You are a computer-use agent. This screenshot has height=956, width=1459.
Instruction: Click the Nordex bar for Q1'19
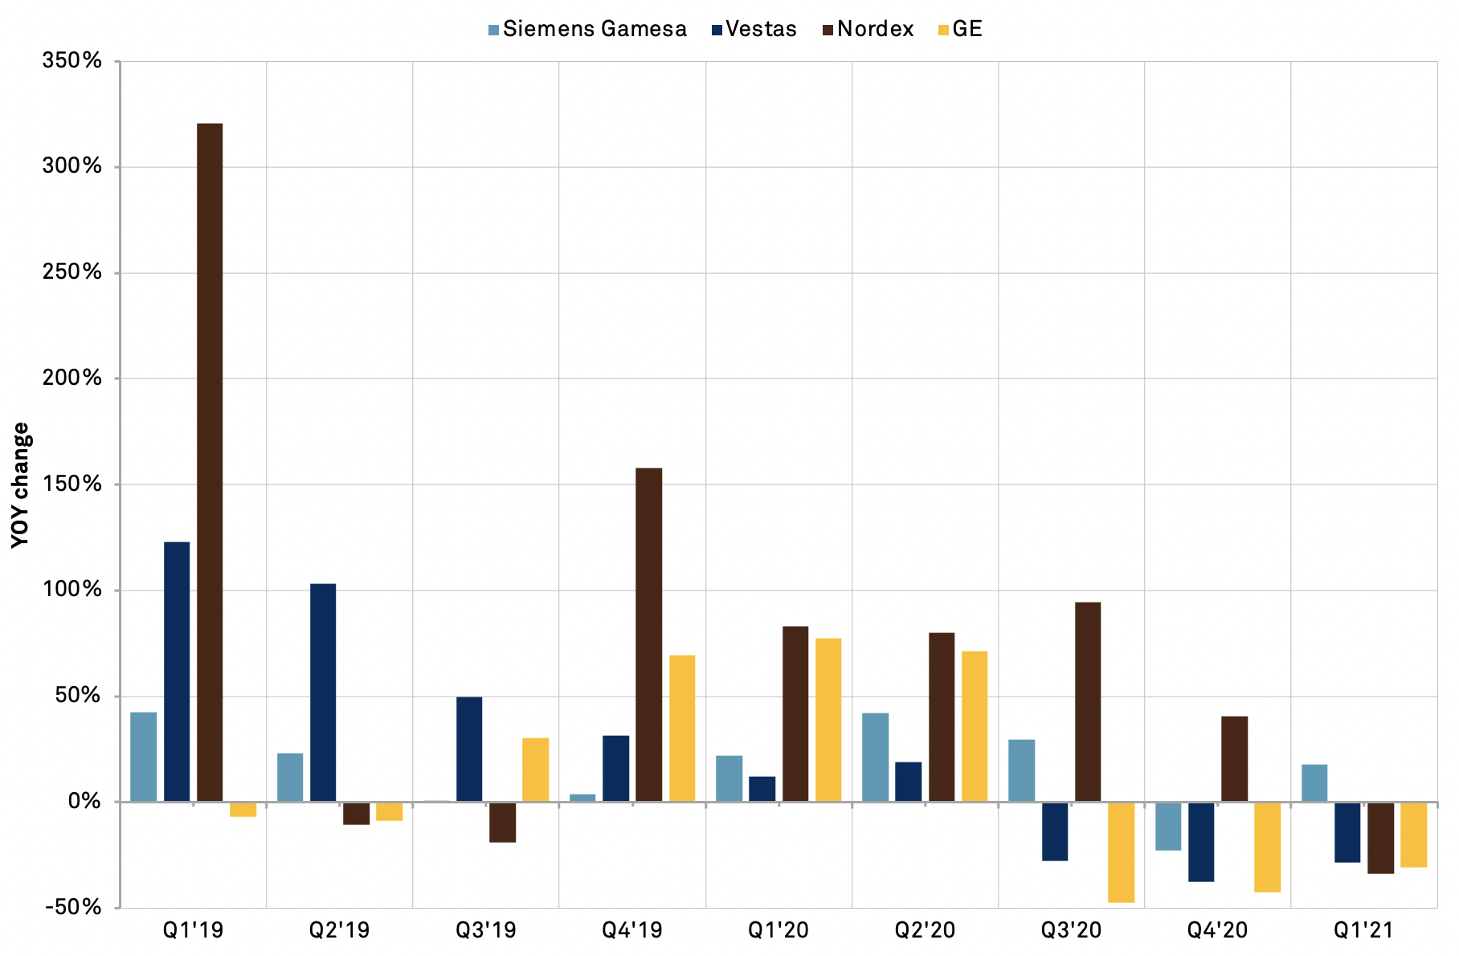tap(210, 462)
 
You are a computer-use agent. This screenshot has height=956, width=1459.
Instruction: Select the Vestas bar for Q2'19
tap(323, 692)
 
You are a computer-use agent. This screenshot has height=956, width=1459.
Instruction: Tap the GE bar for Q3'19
tap(535, 770)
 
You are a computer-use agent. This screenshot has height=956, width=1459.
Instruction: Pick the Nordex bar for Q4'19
tap(648, 635)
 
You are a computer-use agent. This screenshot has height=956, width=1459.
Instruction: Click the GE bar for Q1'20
tap(828, 720)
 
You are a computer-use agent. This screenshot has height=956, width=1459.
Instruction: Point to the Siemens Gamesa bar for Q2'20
tap(875, 757)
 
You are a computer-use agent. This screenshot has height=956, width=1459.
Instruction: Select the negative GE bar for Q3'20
tap(1121, 852)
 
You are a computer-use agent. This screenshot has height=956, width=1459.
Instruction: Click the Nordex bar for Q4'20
tap(1234, 758)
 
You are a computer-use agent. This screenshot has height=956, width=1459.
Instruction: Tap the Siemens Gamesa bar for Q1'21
tap(1314, 782)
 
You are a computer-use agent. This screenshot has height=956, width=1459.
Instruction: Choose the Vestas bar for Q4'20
tap(1201, 841)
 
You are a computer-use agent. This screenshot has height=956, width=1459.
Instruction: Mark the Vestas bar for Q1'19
tap(177, 672)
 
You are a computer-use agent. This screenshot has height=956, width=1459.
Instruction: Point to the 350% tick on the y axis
tap(72, 61)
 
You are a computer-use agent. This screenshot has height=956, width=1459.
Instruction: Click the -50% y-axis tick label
tap(73, 907)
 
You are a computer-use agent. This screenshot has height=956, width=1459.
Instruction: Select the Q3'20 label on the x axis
tap(1071, 931)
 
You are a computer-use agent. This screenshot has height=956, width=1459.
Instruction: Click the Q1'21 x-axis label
tap(1363, 931)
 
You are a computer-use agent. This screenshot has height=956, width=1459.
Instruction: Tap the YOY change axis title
tap(21, 485)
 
